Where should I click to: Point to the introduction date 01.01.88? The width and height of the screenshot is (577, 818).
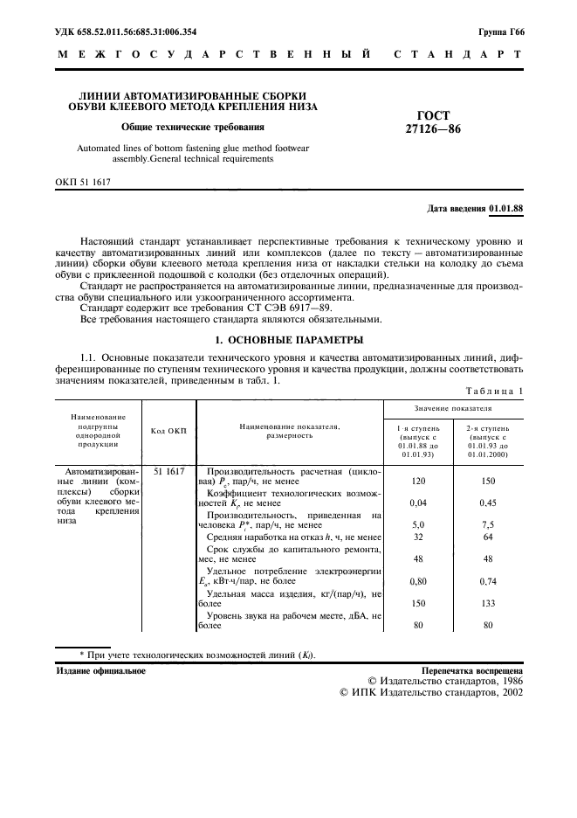506,209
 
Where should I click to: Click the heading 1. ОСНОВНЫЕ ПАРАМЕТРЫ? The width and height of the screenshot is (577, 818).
289,340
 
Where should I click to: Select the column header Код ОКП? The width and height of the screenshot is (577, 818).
168,431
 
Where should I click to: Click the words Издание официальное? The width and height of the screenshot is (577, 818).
100,670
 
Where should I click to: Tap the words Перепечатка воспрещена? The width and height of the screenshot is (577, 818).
472,670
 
